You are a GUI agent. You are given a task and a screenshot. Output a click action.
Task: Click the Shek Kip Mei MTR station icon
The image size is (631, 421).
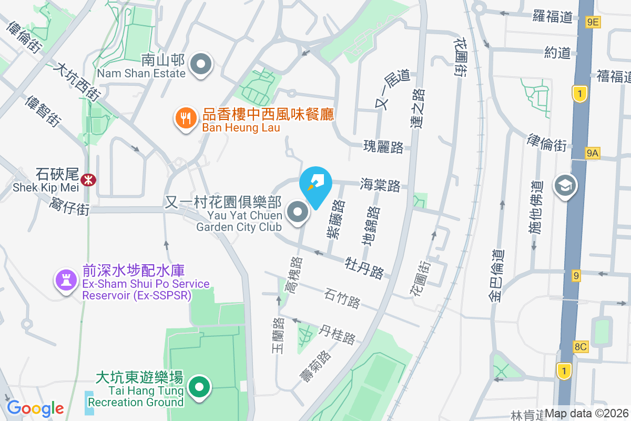(x=88, y=180)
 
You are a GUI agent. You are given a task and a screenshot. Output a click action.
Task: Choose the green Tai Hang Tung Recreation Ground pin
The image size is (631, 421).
(x=199, y=388)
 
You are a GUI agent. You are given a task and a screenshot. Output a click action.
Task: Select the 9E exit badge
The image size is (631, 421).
(x=593, y=22)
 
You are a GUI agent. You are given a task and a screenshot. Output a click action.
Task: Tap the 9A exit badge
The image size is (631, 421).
(x=592, y=153)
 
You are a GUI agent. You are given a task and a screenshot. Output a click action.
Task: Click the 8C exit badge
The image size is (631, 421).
(x=581, y=346)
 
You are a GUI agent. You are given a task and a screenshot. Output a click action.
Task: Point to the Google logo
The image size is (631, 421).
(x=35, y=408)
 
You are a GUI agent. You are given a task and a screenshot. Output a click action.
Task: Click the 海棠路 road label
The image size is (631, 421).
(x=380, y=185)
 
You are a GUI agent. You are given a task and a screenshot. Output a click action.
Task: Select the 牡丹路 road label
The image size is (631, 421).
(x=364, y=267)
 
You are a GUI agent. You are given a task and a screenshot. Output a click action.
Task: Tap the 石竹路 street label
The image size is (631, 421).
(x=342, y=298)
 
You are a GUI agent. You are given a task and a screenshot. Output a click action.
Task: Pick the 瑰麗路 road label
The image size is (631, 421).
(x=383, y=147)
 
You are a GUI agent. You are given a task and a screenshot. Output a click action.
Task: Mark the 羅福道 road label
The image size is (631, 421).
(x=552, y=16)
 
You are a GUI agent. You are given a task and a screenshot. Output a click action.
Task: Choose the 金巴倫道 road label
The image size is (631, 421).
(x=496, y=275)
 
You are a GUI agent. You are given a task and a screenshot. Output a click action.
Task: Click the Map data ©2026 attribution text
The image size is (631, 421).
(x=586, y=414)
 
